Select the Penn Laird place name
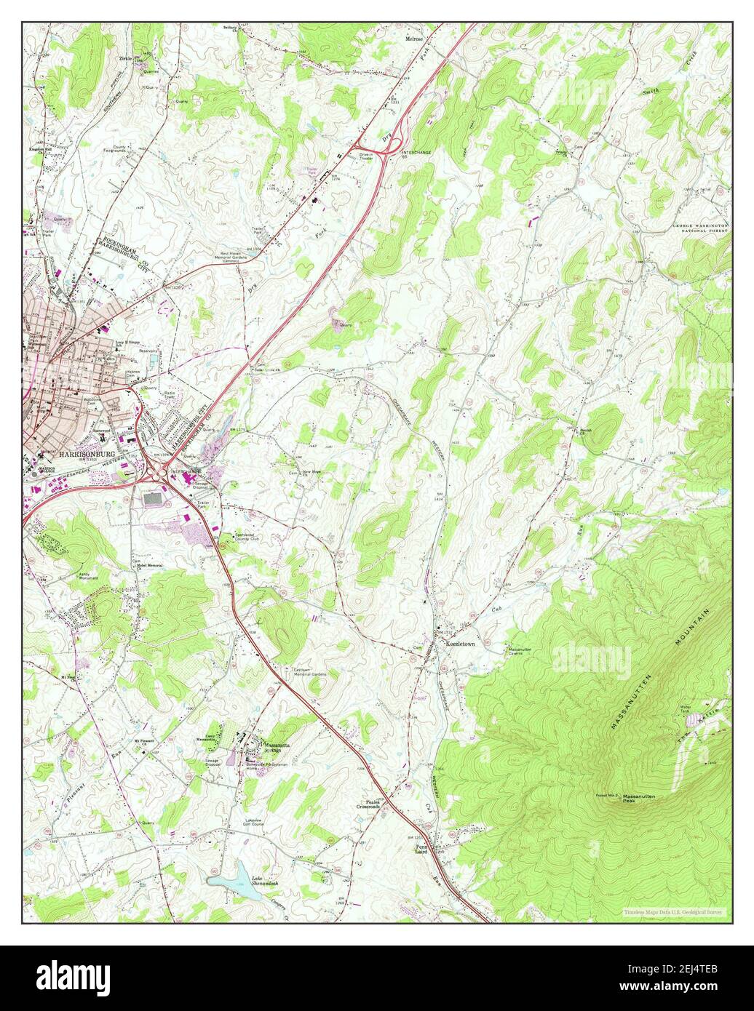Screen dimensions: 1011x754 424,850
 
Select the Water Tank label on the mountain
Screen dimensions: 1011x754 684,708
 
